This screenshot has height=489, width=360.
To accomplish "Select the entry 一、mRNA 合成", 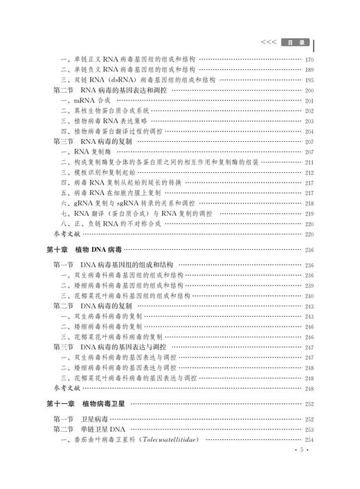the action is point(85,100).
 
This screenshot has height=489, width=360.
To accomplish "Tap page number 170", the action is point(309,59).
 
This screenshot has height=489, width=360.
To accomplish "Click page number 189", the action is point(309,70).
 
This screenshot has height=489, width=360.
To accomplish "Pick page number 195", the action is point(309,80).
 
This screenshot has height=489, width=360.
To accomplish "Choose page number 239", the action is point(309,285).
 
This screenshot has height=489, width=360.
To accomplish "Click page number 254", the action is point(309,441).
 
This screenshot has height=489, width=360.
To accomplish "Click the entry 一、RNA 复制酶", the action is point(86,151).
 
